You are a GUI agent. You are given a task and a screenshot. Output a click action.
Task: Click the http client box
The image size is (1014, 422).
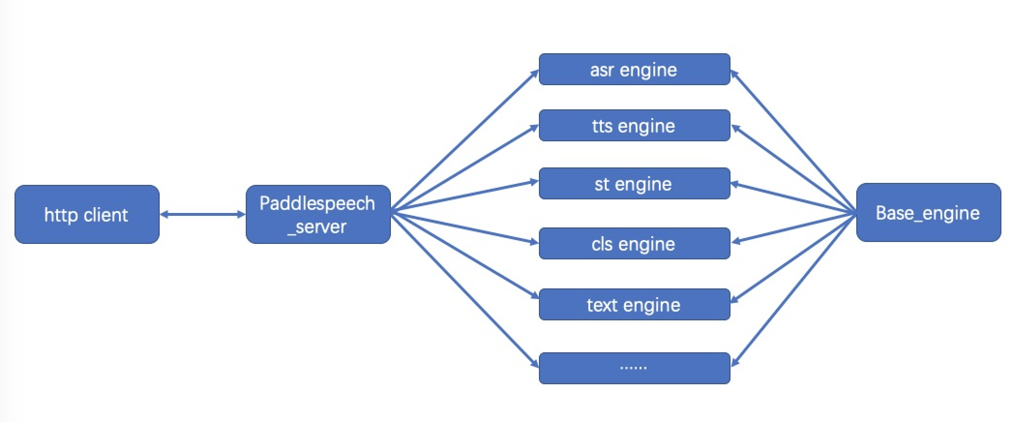87,214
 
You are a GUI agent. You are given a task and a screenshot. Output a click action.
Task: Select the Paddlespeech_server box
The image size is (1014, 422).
318,214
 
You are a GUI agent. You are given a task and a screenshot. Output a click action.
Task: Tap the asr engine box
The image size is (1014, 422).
634,69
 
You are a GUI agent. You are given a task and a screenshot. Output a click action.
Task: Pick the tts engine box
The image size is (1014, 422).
634,125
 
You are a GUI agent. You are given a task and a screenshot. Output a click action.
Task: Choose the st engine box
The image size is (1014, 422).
634,183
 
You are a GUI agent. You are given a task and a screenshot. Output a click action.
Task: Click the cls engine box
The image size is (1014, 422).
634,243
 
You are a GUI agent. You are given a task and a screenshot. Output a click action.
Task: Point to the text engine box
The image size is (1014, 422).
634,304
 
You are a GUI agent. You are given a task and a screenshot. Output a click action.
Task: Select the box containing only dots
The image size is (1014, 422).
634,368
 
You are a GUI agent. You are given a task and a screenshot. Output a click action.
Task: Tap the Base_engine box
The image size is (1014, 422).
928,212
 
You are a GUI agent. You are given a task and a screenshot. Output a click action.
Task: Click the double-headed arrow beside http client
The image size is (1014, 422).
203,214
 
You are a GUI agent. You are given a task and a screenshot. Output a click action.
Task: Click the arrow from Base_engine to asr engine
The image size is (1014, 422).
793,141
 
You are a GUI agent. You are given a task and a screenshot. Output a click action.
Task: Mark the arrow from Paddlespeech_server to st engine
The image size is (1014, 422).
465,196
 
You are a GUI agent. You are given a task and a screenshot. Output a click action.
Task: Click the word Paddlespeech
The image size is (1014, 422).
317,204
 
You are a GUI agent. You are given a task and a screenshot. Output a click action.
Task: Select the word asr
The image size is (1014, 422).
602,70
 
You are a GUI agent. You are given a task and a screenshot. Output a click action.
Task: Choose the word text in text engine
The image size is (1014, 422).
602,305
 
